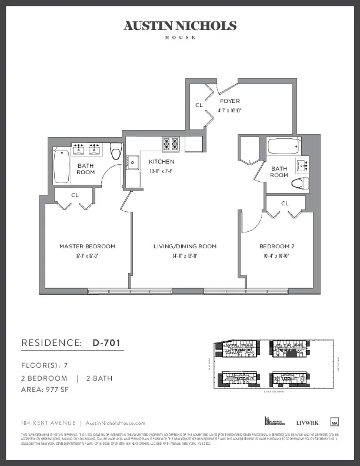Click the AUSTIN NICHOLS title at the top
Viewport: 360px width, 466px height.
click(x=180, y=25)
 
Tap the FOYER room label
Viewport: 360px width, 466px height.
click(x=229, y=101)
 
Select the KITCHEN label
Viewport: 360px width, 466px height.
click(x=161, y=161)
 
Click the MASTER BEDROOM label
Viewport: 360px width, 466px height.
click(x=88, y=246)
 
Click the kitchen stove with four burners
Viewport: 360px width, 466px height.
click(x=171, y=143)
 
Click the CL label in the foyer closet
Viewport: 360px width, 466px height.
click(x=199, y=105)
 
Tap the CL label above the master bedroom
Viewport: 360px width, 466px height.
click(x=75, y=195)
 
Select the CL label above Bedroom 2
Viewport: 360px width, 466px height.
click(x=285, y=203)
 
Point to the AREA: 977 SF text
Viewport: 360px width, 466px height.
click(x=45, y=390)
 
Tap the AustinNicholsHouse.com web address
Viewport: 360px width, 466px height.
click(x=115, y=423)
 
